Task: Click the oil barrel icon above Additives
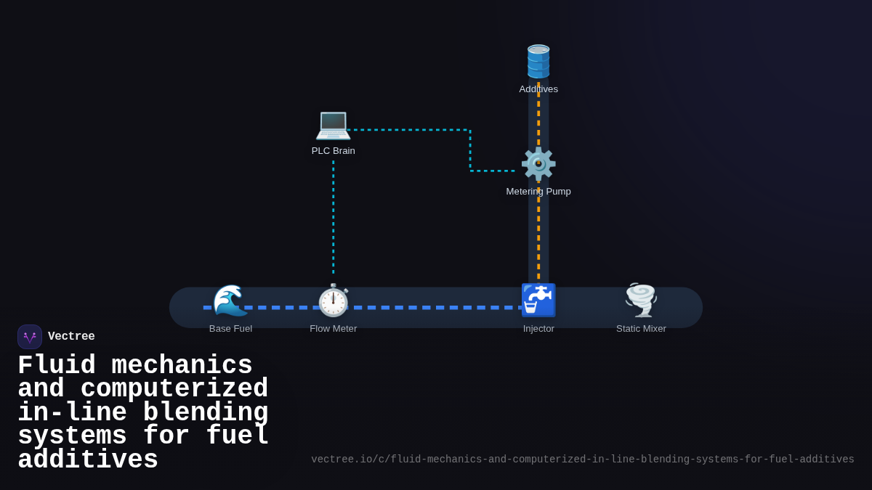click(x=538, y=62)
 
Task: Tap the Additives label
click(x=538, y=89)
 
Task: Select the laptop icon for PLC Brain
click(x=333, y=124)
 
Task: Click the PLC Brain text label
click(x=333, y=151)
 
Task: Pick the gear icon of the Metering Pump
click(x=538, y=164)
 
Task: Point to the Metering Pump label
click(x=538, y=192)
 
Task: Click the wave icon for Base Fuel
click(x=230, y=301)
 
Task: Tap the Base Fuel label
click(x=230, y=329)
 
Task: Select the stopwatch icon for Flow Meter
click(x=334, y=301)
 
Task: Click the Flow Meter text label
click(x=334, y=329)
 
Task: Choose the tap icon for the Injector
click(x=538, y=301)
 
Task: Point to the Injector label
click(x=538, y=329)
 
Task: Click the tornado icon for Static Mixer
click(x=641, y=301)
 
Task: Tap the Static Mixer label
click(x=641, y=329)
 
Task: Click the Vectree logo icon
click(x=30, y=337)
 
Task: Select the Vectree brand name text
click(x=71, y=337)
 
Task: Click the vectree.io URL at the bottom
click(x=582, y=460)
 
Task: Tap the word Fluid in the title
click(x=56, y=365)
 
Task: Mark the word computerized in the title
click(x=174, y=389)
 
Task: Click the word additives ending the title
click(x=87, y=460)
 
